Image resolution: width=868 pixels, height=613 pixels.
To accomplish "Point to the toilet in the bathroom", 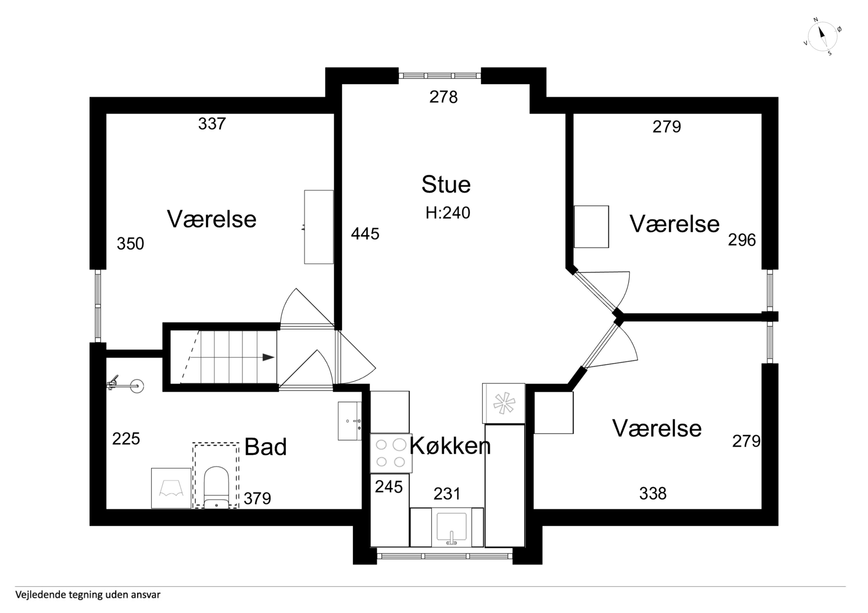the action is click(216, 487).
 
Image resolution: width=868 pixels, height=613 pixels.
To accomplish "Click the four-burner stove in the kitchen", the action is click(391, 453).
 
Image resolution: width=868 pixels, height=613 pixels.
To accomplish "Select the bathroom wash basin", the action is click(350, 421).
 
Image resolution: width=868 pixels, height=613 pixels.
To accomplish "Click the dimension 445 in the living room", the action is click(365, 234).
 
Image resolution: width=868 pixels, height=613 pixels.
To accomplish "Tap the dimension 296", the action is click(742, 240).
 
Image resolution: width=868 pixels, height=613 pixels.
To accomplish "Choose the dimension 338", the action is click(653, 493).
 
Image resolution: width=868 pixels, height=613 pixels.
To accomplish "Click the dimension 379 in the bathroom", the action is click(257, 499).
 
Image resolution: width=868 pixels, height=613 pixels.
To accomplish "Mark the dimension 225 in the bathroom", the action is click(126, 439).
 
